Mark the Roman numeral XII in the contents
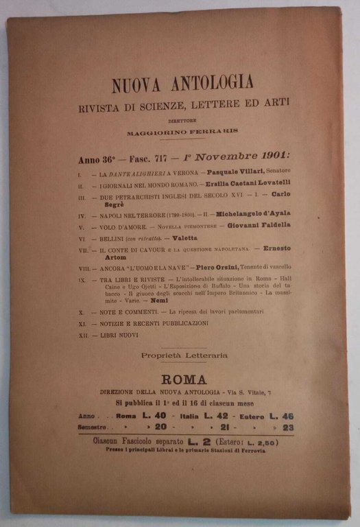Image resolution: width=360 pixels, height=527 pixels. click(x=82, y=335)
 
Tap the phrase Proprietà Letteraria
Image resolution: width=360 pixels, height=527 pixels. click(x=184, y=355)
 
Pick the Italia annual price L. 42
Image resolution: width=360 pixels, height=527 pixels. click(x=220, y=415)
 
